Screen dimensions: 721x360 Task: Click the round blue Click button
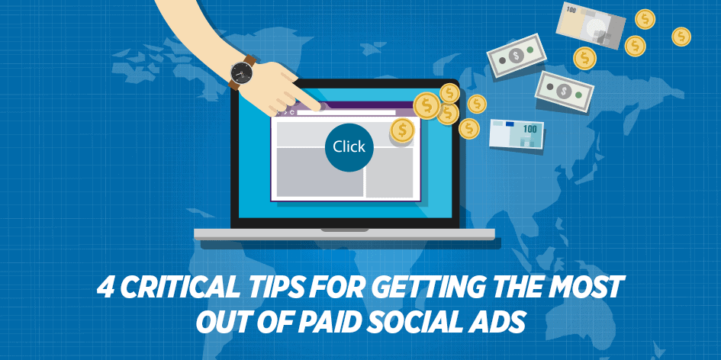click(349, 147)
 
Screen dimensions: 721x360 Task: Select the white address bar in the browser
click(346, 113)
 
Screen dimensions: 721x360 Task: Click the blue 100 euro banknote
click(516, 133)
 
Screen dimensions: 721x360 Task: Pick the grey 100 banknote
click(591, 25)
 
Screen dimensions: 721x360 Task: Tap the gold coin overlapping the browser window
click(402, 130)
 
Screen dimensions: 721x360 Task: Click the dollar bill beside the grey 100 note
click(517, 55)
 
